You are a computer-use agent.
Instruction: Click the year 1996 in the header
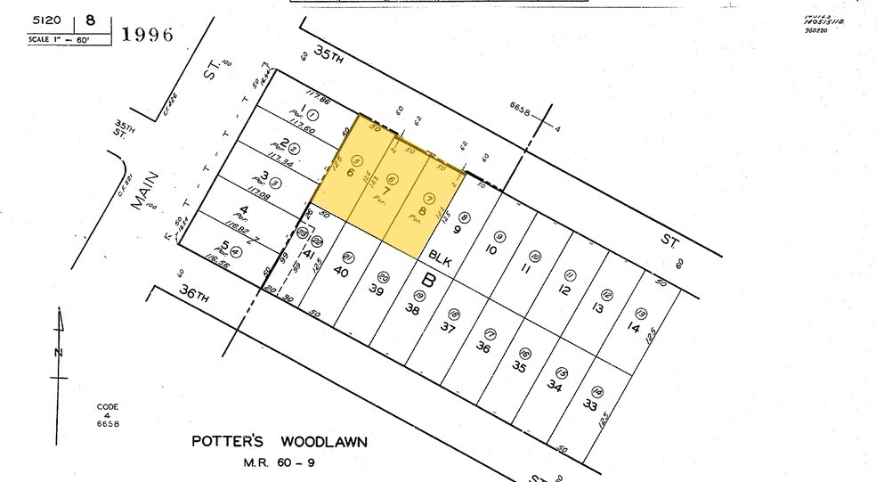coord(148,35)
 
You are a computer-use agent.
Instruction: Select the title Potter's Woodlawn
coord(280,442)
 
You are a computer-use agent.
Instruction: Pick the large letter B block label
coord(428,279)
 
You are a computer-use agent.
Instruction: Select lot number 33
coord(588,405)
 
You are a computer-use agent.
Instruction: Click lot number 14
coord(633,328)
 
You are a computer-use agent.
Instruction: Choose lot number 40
coord(339,273)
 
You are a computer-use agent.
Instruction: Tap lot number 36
coord(483,347)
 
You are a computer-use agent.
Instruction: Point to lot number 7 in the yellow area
coord(386,190)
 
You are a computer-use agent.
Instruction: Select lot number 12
coord(563,290)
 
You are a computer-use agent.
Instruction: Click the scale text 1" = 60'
coord(55,40)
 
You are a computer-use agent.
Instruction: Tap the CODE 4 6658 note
coord(108,415)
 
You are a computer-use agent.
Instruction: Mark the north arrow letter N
coord(60,353)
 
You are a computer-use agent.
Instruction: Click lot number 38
coord(411,310)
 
